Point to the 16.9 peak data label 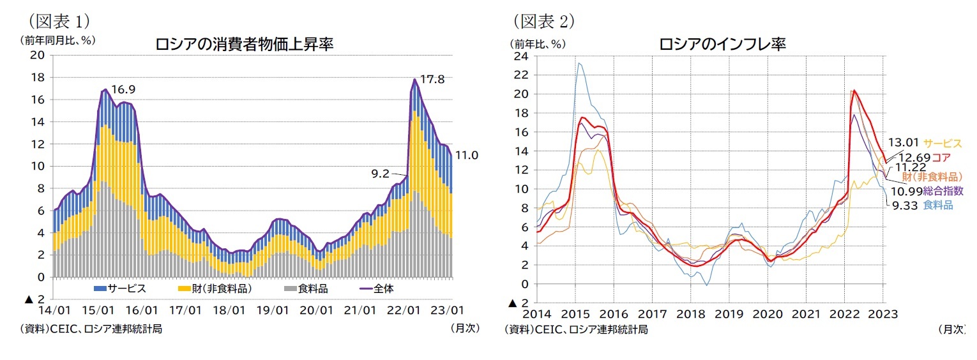(123, 89)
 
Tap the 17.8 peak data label (432, 79)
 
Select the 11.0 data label (466, 155)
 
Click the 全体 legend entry (383, 289)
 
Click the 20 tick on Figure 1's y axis (38, 55)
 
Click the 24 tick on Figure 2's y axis (521, 56)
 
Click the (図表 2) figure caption (543, 21)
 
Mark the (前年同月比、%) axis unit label (57, 40)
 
